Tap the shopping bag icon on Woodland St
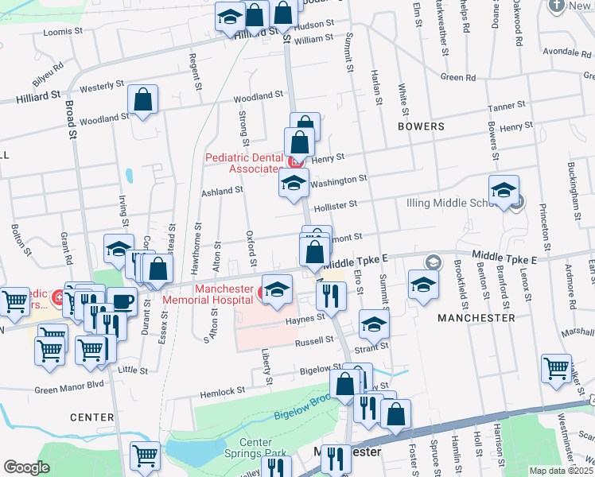tap(142, 101)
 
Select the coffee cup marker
tap(122, 301)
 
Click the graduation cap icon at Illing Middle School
tap(504, 191)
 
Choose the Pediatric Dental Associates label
tap(243, 163)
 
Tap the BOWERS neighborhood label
tap(422, 126)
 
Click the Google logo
tap(26, 467)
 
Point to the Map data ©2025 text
tap(561, 471)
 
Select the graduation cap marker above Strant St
tap(374, 324)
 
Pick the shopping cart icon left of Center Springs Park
tap(145, 456)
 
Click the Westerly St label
tap(103, 84)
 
